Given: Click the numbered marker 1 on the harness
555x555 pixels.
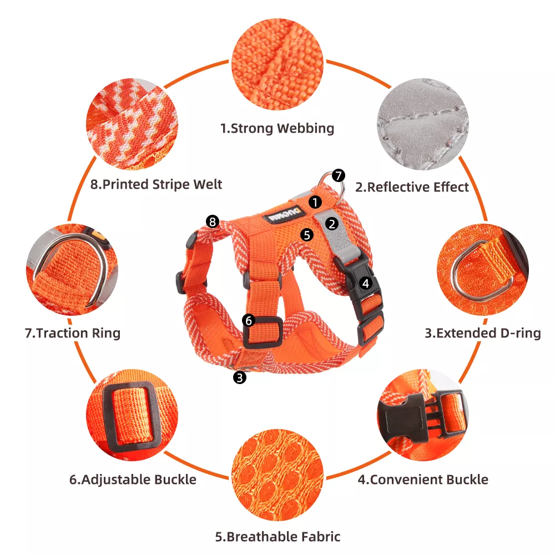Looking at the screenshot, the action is tap(315, 202).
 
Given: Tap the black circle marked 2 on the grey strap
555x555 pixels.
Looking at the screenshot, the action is tap(332, 224).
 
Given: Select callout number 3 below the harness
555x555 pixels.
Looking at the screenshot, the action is tap(240, 377).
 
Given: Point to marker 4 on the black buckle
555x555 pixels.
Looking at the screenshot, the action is tap(366, 283).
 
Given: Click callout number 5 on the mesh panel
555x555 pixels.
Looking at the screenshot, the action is tap(307, 235).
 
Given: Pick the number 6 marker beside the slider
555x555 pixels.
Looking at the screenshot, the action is tap(249, 320).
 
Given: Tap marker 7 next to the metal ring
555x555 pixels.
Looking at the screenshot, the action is tap(339, 175).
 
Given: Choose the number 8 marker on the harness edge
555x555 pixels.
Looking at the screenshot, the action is tap(213, 221).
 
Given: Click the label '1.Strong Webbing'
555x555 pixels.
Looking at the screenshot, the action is tap(277, 128).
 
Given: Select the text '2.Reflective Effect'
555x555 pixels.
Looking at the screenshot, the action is tap(412, 187).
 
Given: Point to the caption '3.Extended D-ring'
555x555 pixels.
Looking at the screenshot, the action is tap(483, 333).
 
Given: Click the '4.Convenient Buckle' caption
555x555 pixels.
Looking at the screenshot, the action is tap(423, 480).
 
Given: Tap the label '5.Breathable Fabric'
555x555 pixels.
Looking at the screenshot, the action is tap(278, 537).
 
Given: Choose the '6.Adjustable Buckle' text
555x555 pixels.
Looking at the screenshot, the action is tap(133, 480).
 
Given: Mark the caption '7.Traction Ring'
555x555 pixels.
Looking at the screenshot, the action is tap(73, 333).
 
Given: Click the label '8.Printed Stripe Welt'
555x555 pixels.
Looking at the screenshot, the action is tap(156, 184).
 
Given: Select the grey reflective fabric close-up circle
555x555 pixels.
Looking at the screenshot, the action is tap(422, 124).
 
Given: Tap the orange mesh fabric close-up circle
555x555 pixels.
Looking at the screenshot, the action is tap(277, 475).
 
